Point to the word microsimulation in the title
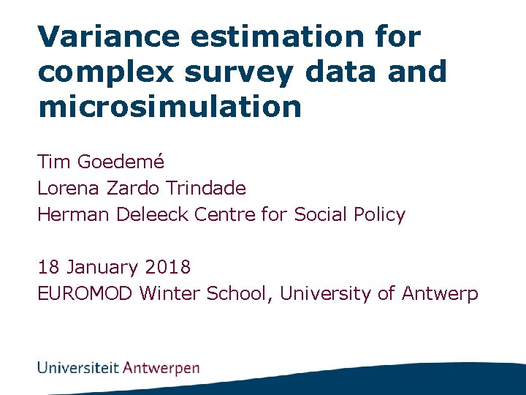tap(169, 107)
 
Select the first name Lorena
tap(69, 188)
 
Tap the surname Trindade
tap(205, 188)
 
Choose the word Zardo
tap(134, 188)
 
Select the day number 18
tap(48, 268)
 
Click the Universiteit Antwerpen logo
tap(118, 367)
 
